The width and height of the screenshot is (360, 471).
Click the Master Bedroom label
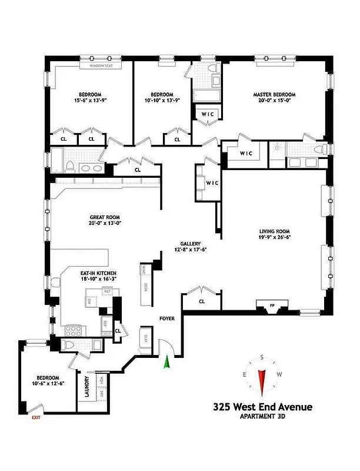pos(274,94)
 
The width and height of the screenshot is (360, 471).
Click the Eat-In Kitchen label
pos(98,273)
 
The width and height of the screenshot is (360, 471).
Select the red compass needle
pos(262,381)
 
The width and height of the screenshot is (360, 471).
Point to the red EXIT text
pos(36,417)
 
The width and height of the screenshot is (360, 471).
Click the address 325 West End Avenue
pos(262,406)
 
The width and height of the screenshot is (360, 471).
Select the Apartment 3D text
pos(262,417)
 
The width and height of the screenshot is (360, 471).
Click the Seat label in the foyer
pos(145,340)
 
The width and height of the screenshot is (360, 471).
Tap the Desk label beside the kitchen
pos(145,287)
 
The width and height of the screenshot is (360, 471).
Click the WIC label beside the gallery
pos(212,183)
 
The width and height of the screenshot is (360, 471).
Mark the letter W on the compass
pos(280,374)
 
